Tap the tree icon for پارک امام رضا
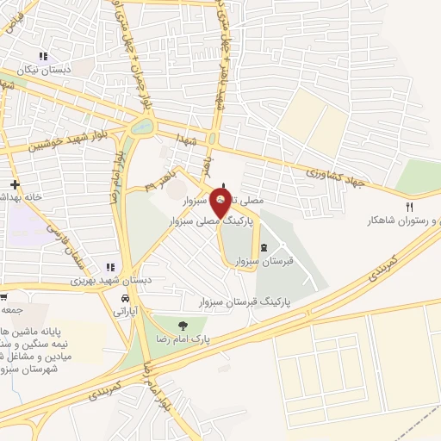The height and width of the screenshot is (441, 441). pyautogui.click(x=182, y=325)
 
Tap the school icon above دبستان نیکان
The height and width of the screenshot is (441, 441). pyautogui.click(x=42, y=57)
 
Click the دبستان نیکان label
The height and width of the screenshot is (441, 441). pyautogui.click(x=42, y=71)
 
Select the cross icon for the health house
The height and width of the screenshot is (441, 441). pyautogui.click(x=15, y=184)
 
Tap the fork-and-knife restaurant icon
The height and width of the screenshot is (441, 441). pyautogui.click(x=409, y=207)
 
